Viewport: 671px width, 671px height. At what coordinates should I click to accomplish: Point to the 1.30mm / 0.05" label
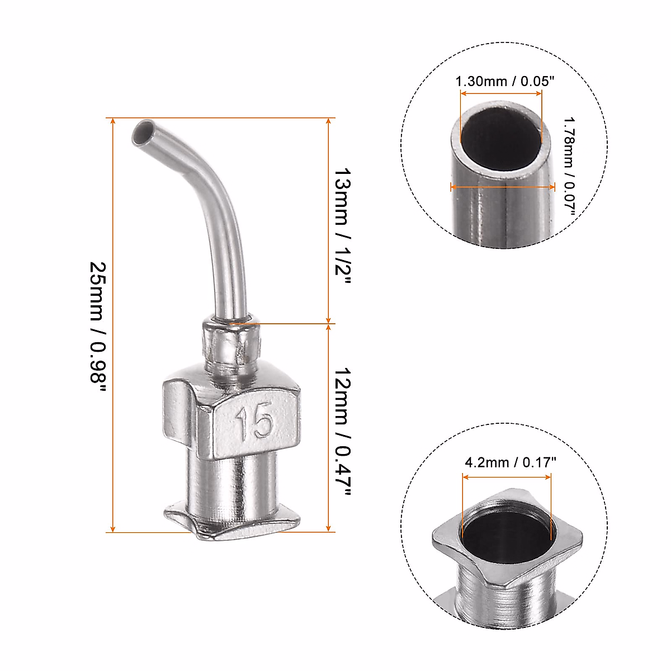pos(504,82)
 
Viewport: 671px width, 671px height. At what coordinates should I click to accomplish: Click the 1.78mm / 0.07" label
pos(569,168)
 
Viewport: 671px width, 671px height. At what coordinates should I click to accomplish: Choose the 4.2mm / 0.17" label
pos(511,462)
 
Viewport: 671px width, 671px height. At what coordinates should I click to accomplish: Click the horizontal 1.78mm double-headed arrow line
pos(503,187)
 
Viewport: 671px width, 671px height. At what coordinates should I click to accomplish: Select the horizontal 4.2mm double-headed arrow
pos(507,476)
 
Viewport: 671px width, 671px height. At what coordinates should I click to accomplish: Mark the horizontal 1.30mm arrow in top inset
pos(501,94)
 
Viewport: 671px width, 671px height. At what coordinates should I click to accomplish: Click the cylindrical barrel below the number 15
pos(232,481)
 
